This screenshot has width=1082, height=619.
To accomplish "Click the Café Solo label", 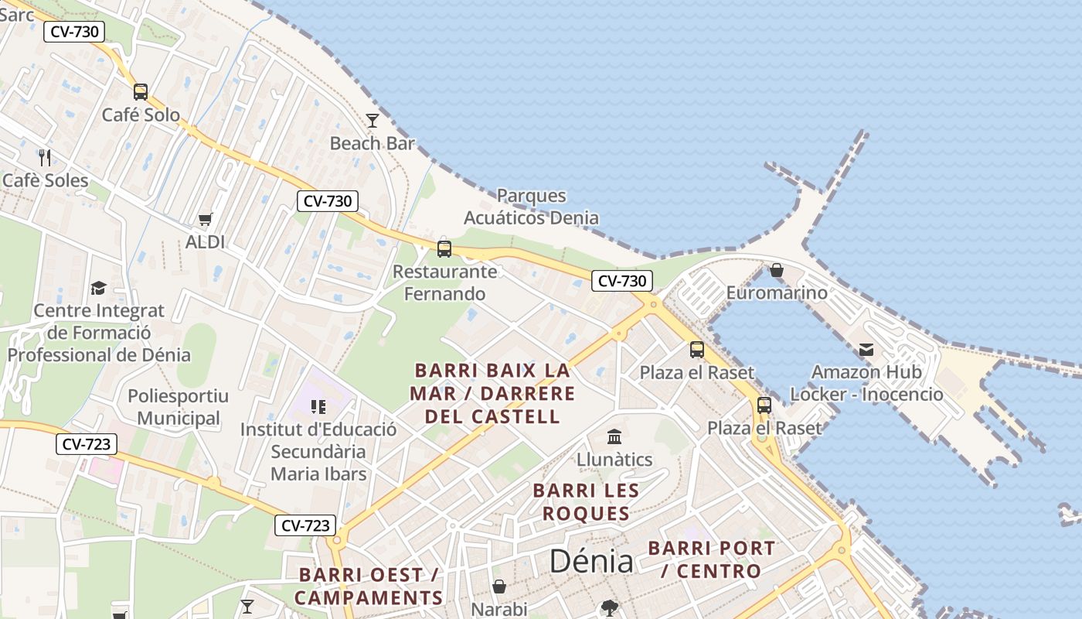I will tap(141, 115).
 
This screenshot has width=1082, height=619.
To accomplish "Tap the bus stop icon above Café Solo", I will tap(141, 92).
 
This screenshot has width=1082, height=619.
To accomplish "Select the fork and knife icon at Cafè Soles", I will tap(45, 158).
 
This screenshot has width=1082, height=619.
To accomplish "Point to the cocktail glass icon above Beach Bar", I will tap(373, 120).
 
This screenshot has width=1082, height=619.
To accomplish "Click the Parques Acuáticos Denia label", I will tap(531, 207).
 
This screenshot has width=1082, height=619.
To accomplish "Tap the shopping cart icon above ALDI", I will tap(205, 220).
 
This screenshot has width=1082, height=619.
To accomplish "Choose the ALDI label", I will tap(205, 242).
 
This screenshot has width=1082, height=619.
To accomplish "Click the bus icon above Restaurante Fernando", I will tap(444, 248).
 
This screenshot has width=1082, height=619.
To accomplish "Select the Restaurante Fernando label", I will tap(445, 282).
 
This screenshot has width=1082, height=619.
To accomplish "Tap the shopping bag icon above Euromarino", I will tap(777, 270).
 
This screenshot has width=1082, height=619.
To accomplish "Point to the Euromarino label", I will tap(777, 293).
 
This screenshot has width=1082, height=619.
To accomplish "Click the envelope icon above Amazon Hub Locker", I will tap(866, 350).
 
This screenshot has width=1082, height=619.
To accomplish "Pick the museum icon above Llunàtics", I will tap(614, 437).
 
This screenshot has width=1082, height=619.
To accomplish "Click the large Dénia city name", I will tap(591, 562).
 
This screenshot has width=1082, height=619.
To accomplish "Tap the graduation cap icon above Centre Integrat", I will tap(98, 288).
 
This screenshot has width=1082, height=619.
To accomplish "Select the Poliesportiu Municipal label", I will tap(179, 408).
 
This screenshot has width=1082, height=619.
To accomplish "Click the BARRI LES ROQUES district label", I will tap(586, 502).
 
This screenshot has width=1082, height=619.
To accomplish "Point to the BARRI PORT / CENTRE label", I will tap(711, 559).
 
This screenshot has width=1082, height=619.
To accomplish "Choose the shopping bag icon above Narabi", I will tap(499, 587).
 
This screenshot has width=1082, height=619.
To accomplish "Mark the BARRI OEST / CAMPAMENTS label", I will tap(369, 587).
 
